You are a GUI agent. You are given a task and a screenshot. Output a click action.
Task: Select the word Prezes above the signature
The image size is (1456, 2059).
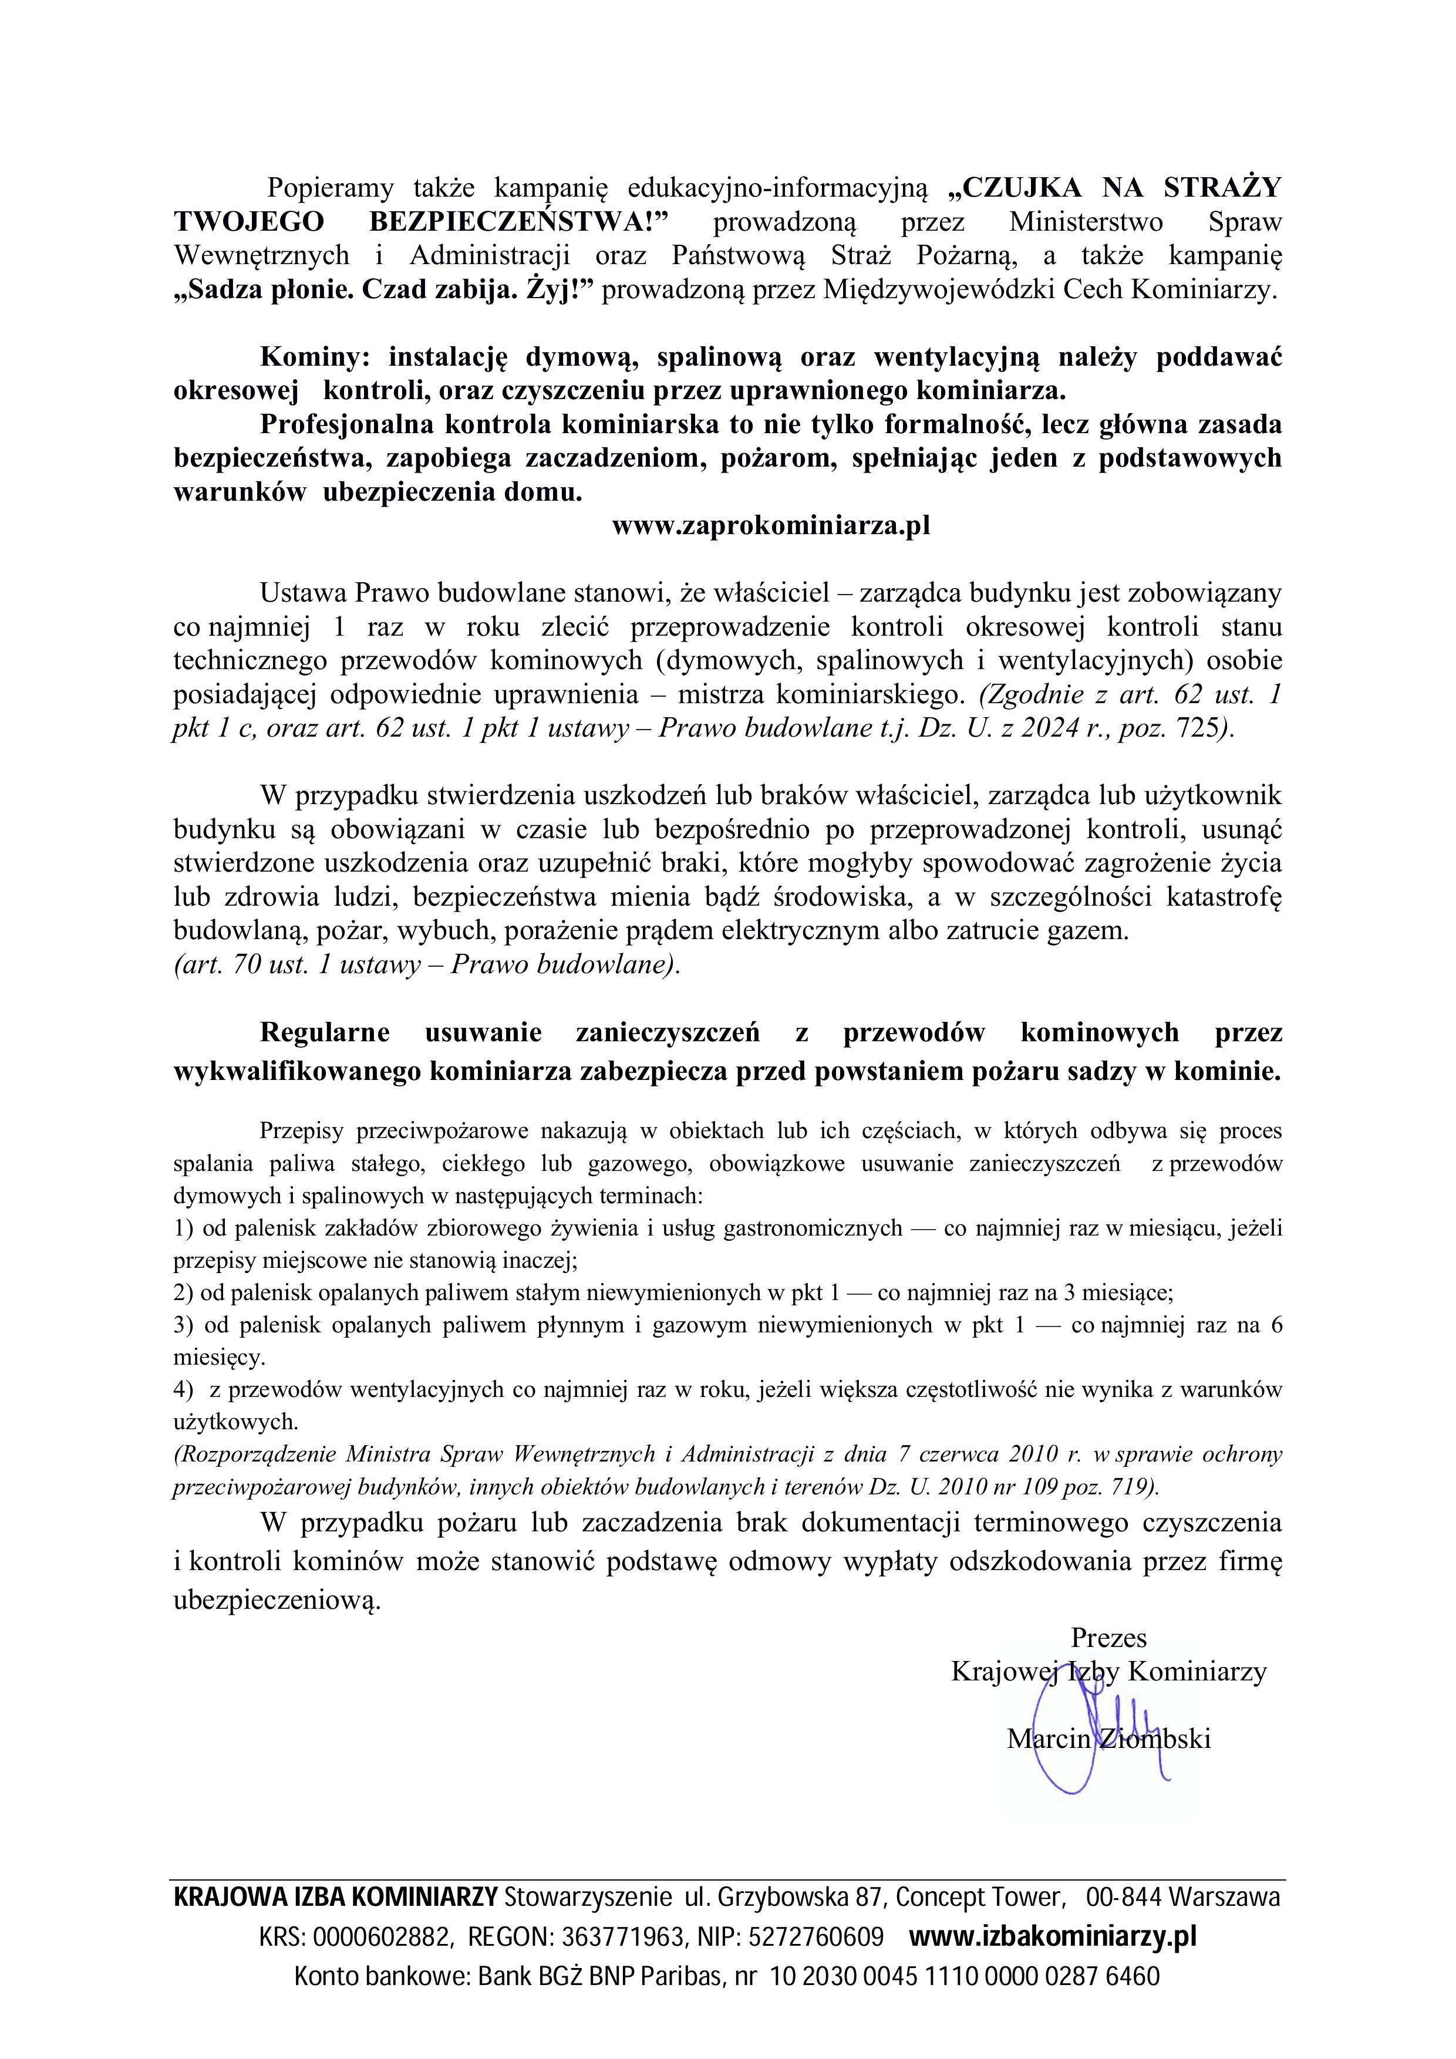[x=1109, y=1638]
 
